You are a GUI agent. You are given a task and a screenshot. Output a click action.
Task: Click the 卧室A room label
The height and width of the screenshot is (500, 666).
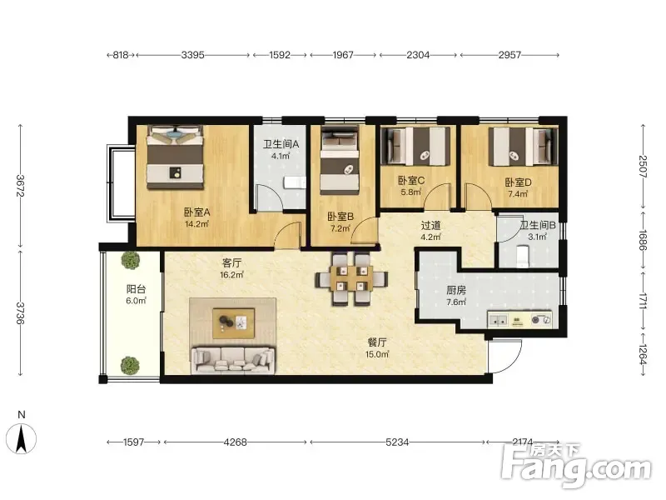point(196,212)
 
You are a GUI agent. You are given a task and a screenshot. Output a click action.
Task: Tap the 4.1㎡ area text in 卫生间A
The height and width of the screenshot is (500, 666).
point(281,156)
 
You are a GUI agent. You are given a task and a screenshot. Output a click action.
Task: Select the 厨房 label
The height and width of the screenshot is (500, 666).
point(455,290)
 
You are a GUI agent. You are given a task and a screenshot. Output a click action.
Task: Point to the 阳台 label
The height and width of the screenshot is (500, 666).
point(137,289)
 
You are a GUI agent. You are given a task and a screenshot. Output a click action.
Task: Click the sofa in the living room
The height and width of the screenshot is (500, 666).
point(232,361)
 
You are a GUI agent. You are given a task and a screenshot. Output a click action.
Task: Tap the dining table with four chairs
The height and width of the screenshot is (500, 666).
point(350,278)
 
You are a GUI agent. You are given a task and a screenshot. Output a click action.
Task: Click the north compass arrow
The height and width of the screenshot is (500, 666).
point(22,440)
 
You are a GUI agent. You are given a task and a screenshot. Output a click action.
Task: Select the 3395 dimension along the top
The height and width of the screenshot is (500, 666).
point(193,55)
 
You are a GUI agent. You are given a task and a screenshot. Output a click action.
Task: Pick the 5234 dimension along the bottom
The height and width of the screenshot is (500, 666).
point(397,442)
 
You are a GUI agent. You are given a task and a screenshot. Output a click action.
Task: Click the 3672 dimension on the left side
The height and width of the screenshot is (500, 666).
point(19,185)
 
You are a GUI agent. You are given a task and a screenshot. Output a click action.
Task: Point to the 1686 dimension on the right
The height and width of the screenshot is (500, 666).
point(643,241)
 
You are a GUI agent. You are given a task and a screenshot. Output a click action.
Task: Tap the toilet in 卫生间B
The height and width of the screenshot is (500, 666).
point(522,257)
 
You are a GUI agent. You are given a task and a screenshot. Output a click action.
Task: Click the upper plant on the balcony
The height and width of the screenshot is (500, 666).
point(131,260)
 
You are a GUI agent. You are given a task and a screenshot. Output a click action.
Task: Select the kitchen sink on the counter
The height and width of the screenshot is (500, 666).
point(498,320)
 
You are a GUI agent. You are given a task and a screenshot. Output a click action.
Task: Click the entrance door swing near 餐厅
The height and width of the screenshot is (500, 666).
point(505,357)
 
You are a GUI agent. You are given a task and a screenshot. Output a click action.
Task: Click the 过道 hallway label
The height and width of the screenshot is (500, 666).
point(430,225)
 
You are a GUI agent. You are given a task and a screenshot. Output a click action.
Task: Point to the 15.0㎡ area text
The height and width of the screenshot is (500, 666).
point(377,354)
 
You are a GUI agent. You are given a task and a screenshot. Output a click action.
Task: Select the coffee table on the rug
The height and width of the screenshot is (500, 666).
point(233,323)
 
